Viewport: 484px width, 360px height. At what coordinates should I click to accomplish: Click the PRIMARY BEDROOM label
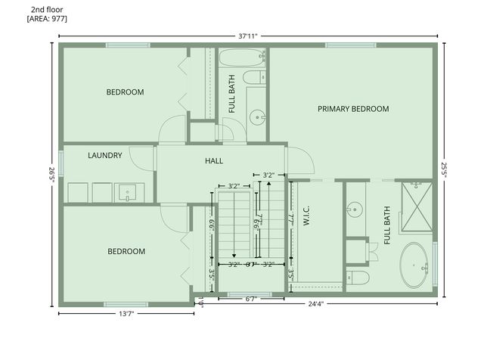click(x=353, y=109)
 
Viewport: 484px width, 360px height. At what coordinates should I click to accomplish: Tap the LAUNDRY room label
click(x=105, y=156)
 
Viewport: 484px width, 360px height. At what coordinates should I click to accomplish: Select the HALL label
click(x=214, y=161)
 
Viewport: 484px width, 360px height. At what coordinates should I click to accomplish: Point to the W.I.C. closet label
click(x=307, y=218)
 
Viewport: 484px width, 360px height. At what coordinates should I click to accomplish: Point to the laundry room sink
click(x=127, y=193)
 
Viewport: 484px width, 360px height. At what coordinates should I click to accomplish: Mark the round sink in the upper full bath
click(x=258, y=117)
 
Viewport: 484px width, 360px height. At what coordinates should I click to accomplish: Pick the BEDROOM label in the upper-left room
click(x=125, y=92)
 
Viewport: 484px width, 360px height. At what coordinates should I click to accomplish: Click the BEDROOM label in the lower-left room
click(x=126, y=252)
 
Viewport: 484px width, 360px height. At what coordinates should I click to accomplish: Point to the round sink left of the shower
click(x=355, y=208)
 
